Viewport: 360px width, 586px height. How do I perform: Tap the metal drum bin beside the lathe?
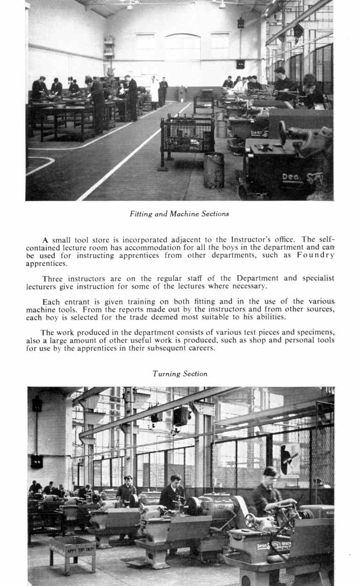214,170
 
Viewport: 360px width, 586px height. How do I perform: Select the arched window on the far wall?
182,47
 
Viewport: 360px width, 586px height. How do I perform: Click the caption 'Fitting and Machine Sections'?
179,214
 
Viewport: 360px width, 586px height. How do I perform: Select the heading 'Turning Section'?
180,374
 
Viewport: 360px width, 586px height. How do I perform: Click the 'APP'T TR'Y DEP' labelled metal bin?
72,549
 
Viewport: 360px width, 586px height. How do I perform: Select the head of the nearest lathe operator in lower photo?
270,474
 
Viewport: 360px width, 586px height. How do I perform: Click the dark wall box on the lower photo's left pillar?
37,461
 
